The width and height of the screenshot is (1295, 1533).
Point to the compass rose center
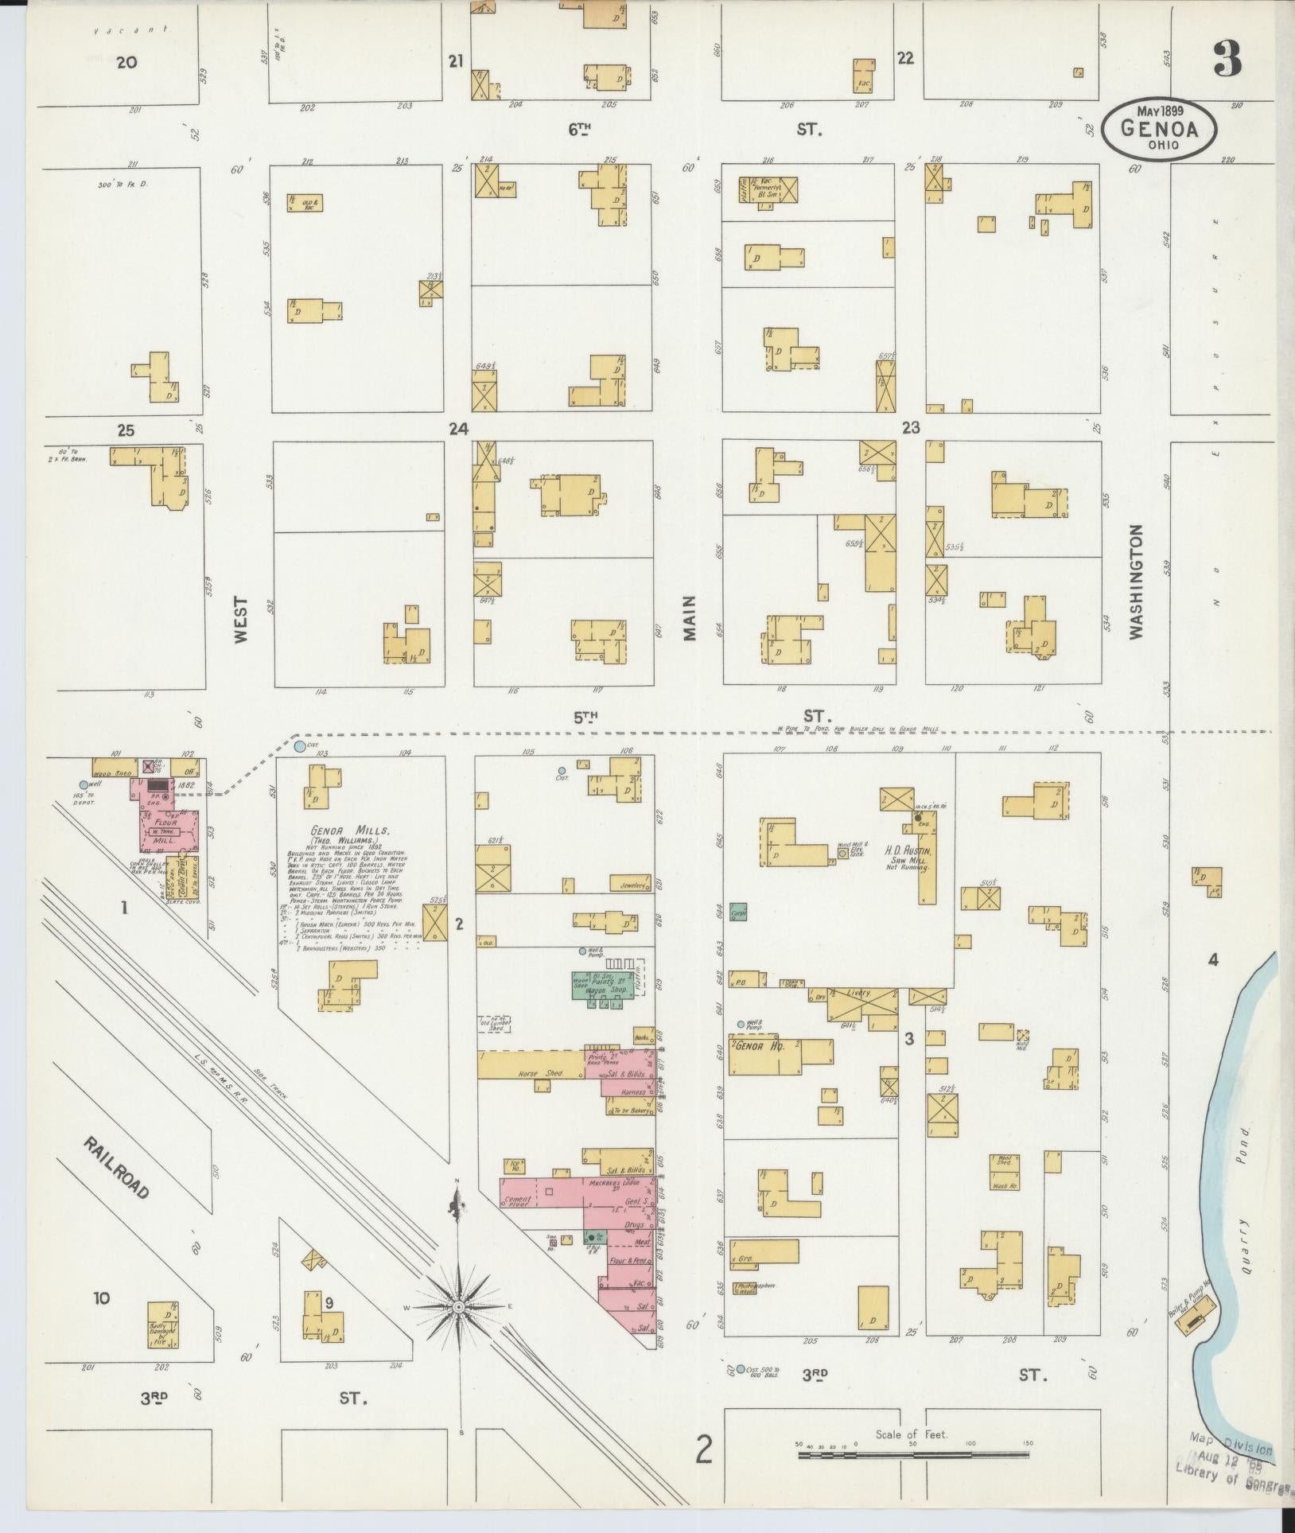(x=459, y=1307)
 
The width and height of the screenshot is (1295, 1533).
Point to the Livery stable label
(x=858, y=994)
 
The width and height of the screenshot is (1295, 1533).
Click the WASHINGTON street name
(x=1135, y=582)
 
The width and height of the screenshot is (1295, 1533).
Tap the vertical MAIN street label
(x=688, y=618)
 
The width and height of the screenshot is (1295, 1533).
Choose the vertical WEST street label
(x=242, y=621)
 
